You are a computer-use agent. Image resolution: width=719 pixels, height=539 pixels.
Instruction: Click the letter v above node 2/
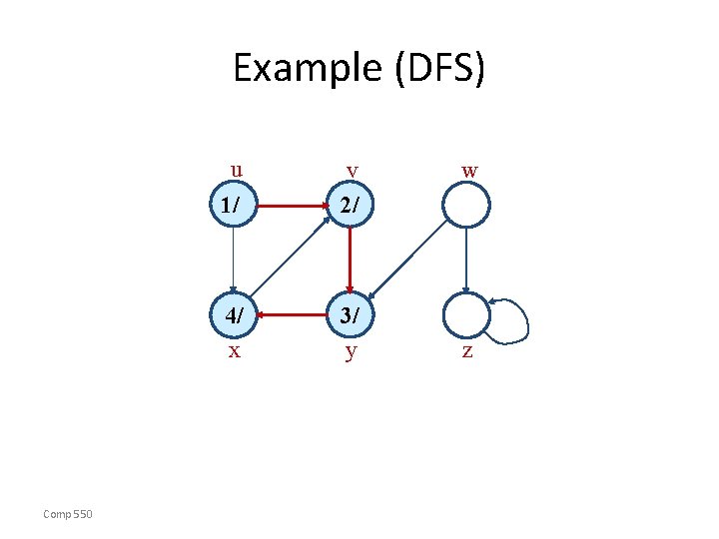coord(352,172)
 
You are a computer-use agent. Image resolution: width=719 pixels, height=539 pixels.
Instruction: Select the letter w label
coord(468,171)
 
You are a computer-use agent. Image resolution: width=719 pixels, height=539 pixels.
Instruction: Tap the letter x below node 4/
coord(234,351)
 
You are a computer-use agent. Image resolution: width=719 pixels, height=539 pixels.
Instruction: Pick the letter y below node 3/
coord(350,352)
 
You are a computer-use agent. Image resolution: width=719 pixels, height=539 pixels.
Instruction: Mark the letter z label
coord(466,352)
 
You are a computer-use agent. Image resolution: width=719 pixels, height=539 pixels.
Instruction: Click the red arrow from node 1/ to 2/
coord(291,207)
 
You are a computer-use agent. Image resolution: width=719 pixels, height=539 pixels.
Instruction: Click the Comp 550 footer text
coord(68,513)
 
